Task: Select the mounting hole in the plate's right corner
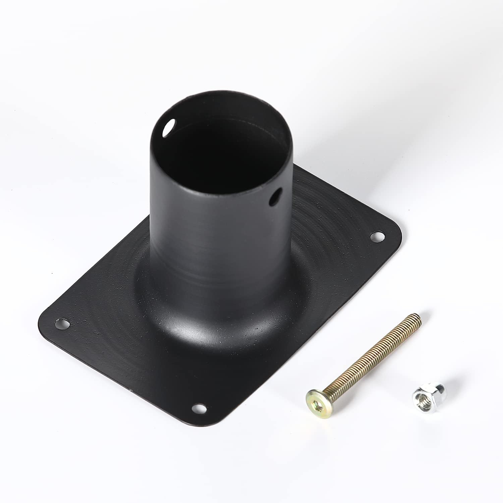(378, 236)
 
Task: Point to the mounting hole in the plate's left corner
(62, 324)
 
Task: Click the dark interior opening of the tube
(218, 148)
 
